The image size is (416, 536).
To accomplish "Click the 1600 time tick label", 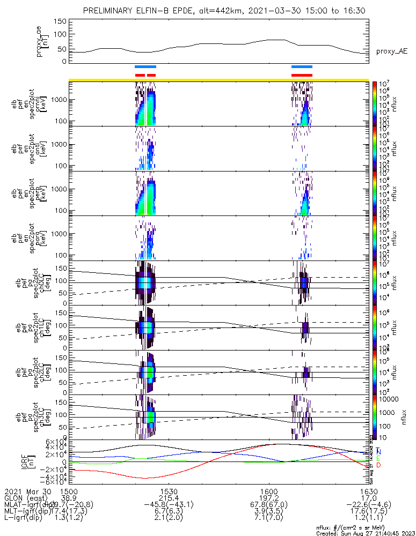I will (x=269, y=491).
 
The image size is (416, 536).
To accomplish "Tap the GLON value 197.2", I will (x=269, y=498).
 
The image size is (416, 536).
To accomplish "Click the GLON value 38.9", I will (x=68, y=498).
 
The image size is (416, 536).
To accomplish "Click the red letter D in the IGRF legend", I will (x=379, y=465).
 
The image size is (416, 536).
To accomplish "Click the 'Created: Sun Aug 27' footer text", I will (x=363, y=533).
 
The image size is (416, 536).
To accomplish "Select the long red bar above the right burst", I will (x=302, y=75).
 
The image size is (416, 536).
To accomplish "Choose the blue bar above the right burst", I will (x=302, y=66).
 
